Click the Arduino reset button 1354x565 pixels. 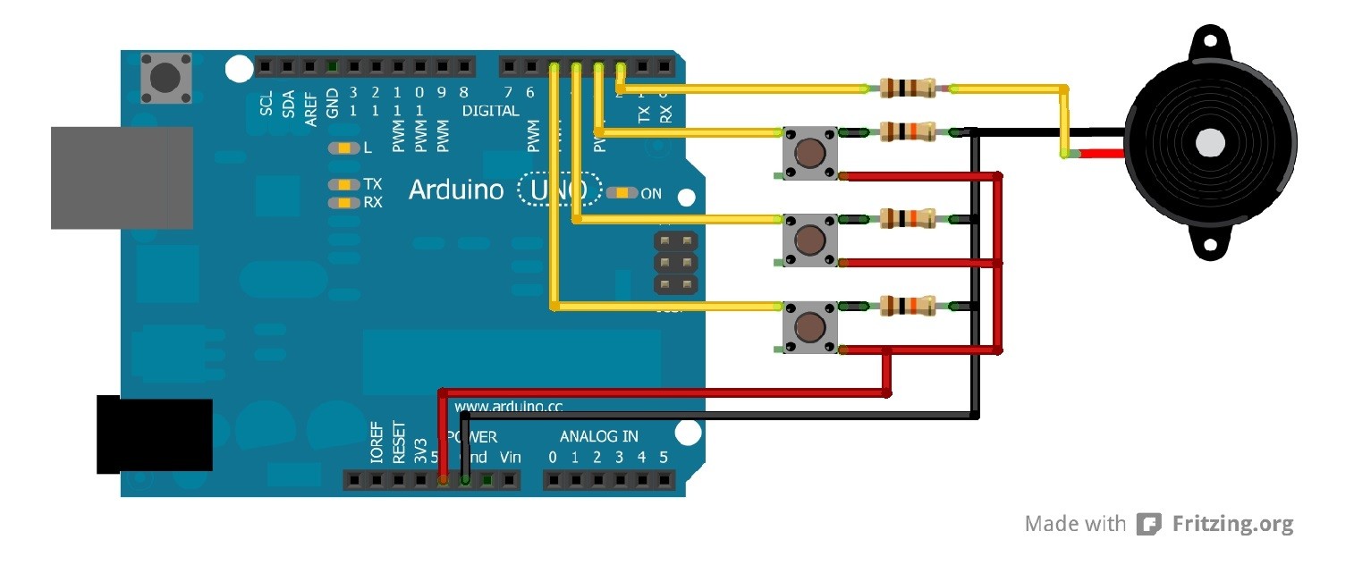pos(164,77)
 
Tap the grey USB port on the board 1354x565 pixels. pos(122,177)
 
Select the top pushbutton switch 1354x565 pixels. pos(810,154)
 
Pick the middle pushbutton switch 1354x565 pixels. pos(810,240)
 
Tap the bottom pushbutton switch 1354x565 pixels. pos(810,326)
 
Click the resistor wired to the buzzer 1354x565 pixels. pos(909,88)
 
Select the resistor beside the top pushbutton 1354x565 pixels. pos(909,132)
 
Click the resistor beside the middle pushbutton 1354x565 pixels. pos(909,218)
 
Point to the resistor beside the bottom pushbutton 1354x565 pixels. pos(909,306)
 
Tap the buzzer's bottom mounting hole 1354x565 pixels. pos(1210,245)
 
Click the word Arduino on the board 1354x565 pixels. pos(459,190)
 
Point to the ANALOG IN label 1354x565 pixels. pos(599,436)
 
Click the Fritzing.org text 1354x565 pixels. pos(1232,524)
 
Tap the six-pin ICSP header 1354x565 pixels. pos(676,263)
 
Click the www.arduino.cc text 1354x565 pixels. pos(508,407)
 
